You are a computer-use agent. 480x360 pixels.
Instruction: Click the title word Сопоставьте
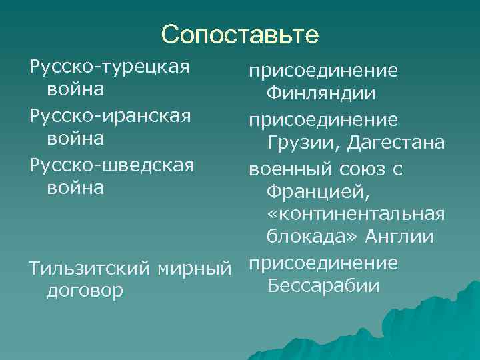240,34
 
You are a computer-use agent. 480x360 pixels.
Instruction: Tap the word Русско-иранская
110,116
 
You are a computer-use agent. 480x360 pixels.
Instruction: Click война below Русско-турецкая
75,89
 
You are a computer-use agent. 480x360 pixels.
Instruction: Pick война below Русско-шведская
75,188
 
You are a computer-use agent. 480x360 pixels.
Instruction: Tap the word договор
84,291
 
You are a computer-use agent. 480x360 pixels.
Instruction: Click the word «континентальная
355,214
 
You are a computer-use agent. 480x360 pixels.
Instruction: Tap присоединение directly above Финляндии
323,71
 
